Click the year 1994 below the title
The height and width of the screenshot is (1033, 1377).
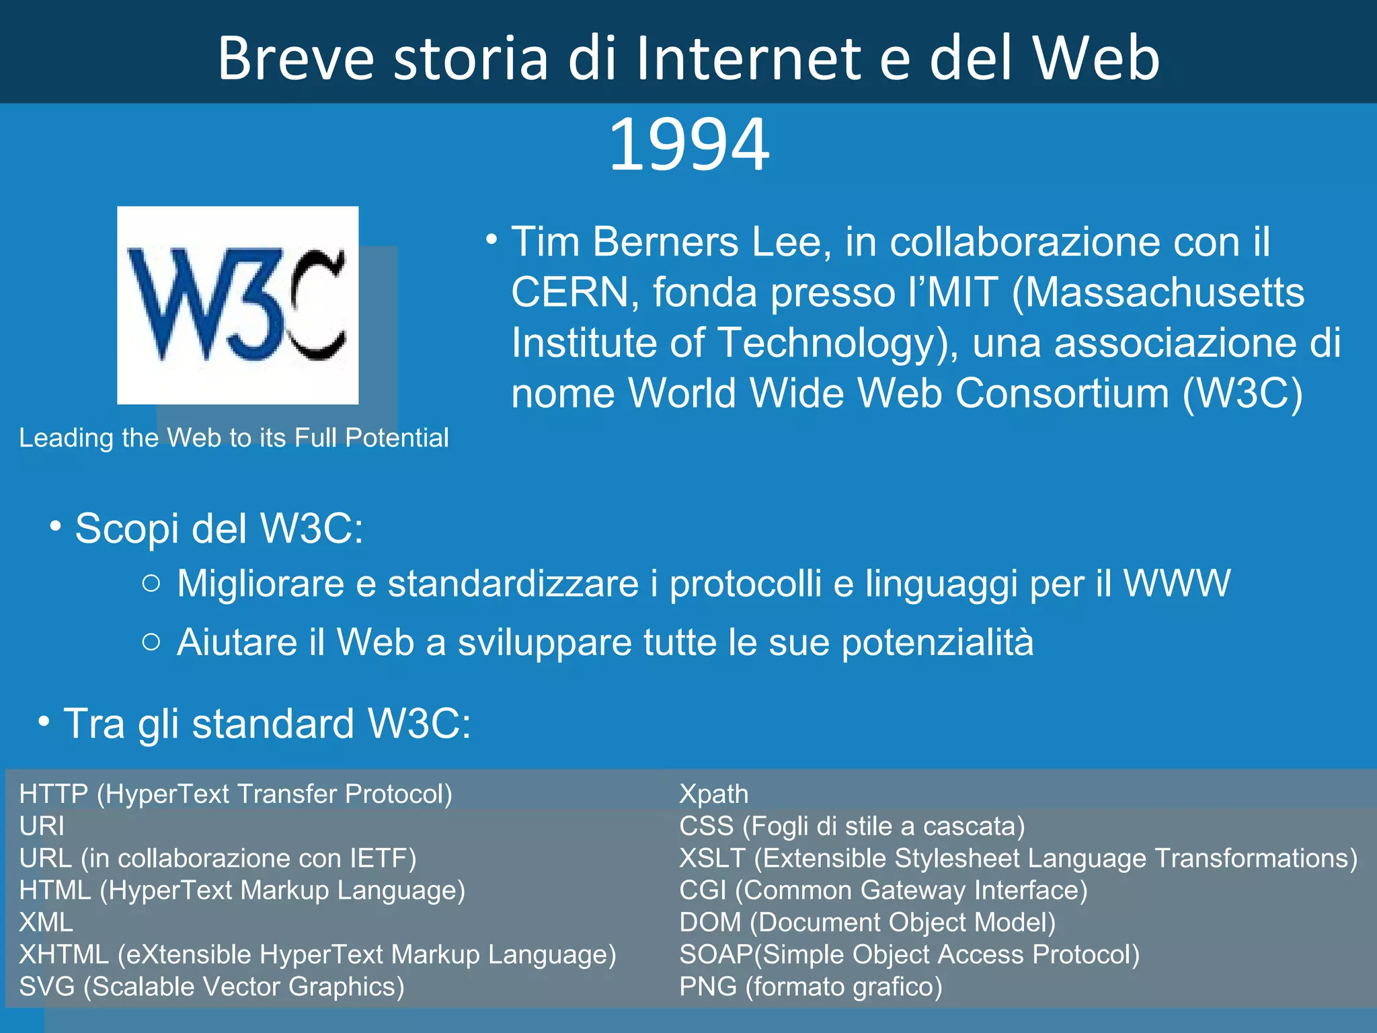[688, 144]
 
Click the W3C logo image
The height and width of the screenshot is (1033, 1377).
[237, 305]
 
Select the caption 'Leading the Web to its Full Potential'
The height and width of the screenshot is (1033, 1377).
[233, 438]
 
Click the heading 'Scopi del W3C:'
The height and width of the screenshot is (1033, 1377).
[219, 529]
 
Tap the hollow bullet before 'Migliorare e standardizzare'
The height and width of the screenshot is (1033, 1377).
[152, 583]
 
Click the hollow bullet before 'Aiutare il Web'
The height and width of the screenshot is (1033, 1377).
[152, 642]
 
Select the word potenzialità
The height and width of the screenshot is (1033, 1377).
[937, 642]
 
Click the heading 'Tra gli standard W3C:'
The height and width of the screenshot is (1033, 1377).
[267, 724]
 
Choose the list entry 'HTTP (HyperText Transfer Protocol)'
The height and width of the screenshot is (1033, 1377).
[235, 794]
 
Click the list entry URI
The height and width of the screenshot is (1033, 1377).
[42, 826]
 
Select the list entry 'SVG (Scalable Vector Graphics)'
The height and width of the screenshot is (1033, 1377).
[212, 987]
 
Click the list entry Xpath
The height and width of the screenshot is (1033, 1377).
[713, 794]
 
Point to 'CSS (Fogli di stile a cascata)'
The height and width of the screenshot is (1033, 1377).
[852, 826]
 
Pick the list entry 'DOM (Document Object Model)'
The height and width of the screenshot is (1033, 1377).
[867, 923]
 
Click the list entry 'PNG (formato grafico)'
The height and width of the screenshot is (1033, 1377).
[811, 987]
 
